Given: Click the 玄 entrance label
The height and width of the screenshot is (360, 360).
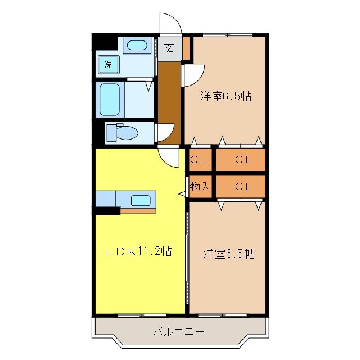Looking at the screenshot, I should pos(169,48).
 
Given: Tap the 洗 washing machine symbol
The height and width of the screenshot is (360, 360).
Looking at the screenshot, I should pos(107,64).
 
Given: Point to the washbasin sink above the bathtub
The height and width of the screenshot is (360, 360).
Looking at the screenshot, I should pos(135,46).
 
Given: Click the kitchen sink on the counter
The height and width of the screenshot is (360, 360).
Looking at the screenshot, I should pos(141,200).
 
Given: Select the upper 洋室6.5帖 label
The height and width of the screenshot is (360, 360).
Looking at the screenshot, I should pos(225,96).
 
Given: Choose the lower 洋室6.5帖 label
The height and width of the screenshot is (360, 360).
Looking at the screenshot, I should pos(228,254).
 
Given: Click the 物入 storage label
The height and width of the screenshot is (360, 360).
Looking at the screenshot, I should pos(200,187).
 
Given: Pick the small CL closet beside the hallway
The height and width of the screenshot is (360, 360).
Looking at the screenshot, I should pos(199,160).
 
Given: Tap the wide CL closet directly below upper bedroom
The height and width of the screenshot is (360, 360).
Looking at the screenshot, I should pos(242,160).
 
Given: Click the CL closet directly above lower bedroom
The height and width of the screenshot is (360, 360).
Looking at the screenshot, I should pos(242,187).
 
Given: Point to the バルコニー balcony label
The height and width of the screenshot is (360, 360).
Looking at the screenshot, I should pos(179,331).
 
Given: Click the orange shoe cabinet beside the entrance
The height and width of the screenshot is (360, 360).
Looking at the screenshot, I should pos(187,48).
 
